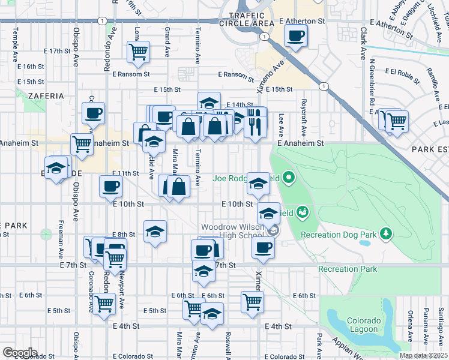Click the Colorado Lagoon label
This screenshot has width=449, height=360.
click(361, 325)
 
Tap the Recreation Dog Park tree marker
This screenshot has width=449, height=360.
click(387, 233)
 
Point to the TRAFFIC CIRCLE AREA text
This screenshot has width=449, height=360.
click(247, 18)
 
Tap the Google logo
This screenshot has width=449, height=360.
click(20, 352)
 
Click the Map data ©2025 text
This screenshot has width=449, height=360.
click(423, 355)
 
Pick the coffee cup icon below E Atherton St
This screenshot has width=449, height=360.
click(295, 36)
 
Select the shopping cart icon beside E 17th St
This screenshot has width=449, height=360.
click(138, 52)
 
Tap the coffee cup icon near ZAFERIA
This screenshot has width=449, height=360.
click(94, 112)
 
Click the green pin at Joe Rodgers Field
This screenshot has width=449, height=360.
click(289, 178)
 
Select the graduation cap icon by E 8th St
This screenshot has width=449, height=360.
click(155, 232)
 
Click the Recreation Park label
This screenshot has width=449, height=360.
click(348, 269)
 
